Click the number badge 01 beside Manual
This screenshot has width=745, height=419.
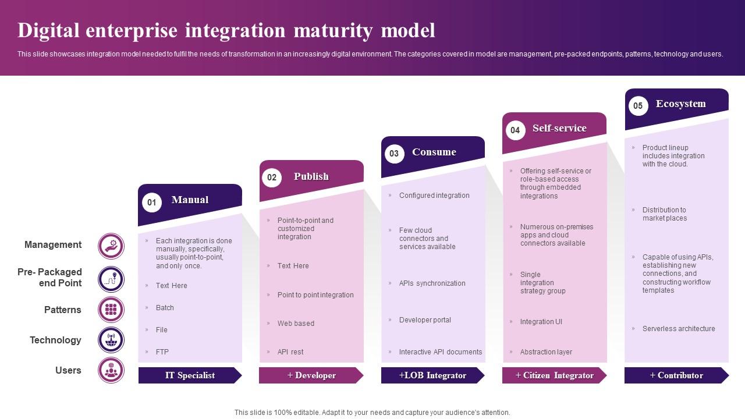[152, 203]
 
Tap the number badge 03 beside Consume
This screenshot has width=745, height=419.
[394, 154]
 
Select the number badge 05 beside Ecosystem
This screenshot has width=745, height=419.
[638, 106]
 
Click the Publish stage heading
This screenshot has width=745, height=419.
[311, 176]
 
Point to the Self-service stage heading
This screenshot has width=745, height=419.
[559, 128]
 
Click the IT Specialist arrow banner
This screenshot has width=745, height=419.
[190, 375]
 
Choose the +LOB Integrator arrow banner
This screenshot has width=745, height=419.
[432, 375]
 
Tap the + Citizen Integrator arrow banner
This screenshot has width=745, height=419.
[554, 375]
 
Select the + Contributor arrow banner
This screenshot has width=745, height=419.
[676, 375]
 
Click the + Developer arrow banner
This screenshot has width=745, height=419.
[311, 375]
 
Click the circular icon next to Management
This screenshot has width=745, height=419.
[111, 246]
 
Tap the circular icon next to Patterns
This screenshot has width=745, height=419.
[111, 310]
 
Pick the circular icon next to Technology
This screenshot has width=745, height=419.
[111, 340]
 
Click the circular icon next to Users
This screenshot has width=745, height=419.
[111, 370]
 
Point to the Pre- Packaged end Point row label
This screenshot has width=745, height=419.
[50, 278]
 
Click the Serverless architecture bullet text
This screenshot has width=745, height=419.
[679, 329]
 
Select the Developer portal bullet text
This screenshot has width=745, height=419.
[425, 320]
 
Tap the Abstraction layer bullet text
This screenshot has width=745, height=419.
[546, 352]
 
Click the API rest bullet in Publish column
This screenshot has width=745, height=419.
[290, 352]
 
